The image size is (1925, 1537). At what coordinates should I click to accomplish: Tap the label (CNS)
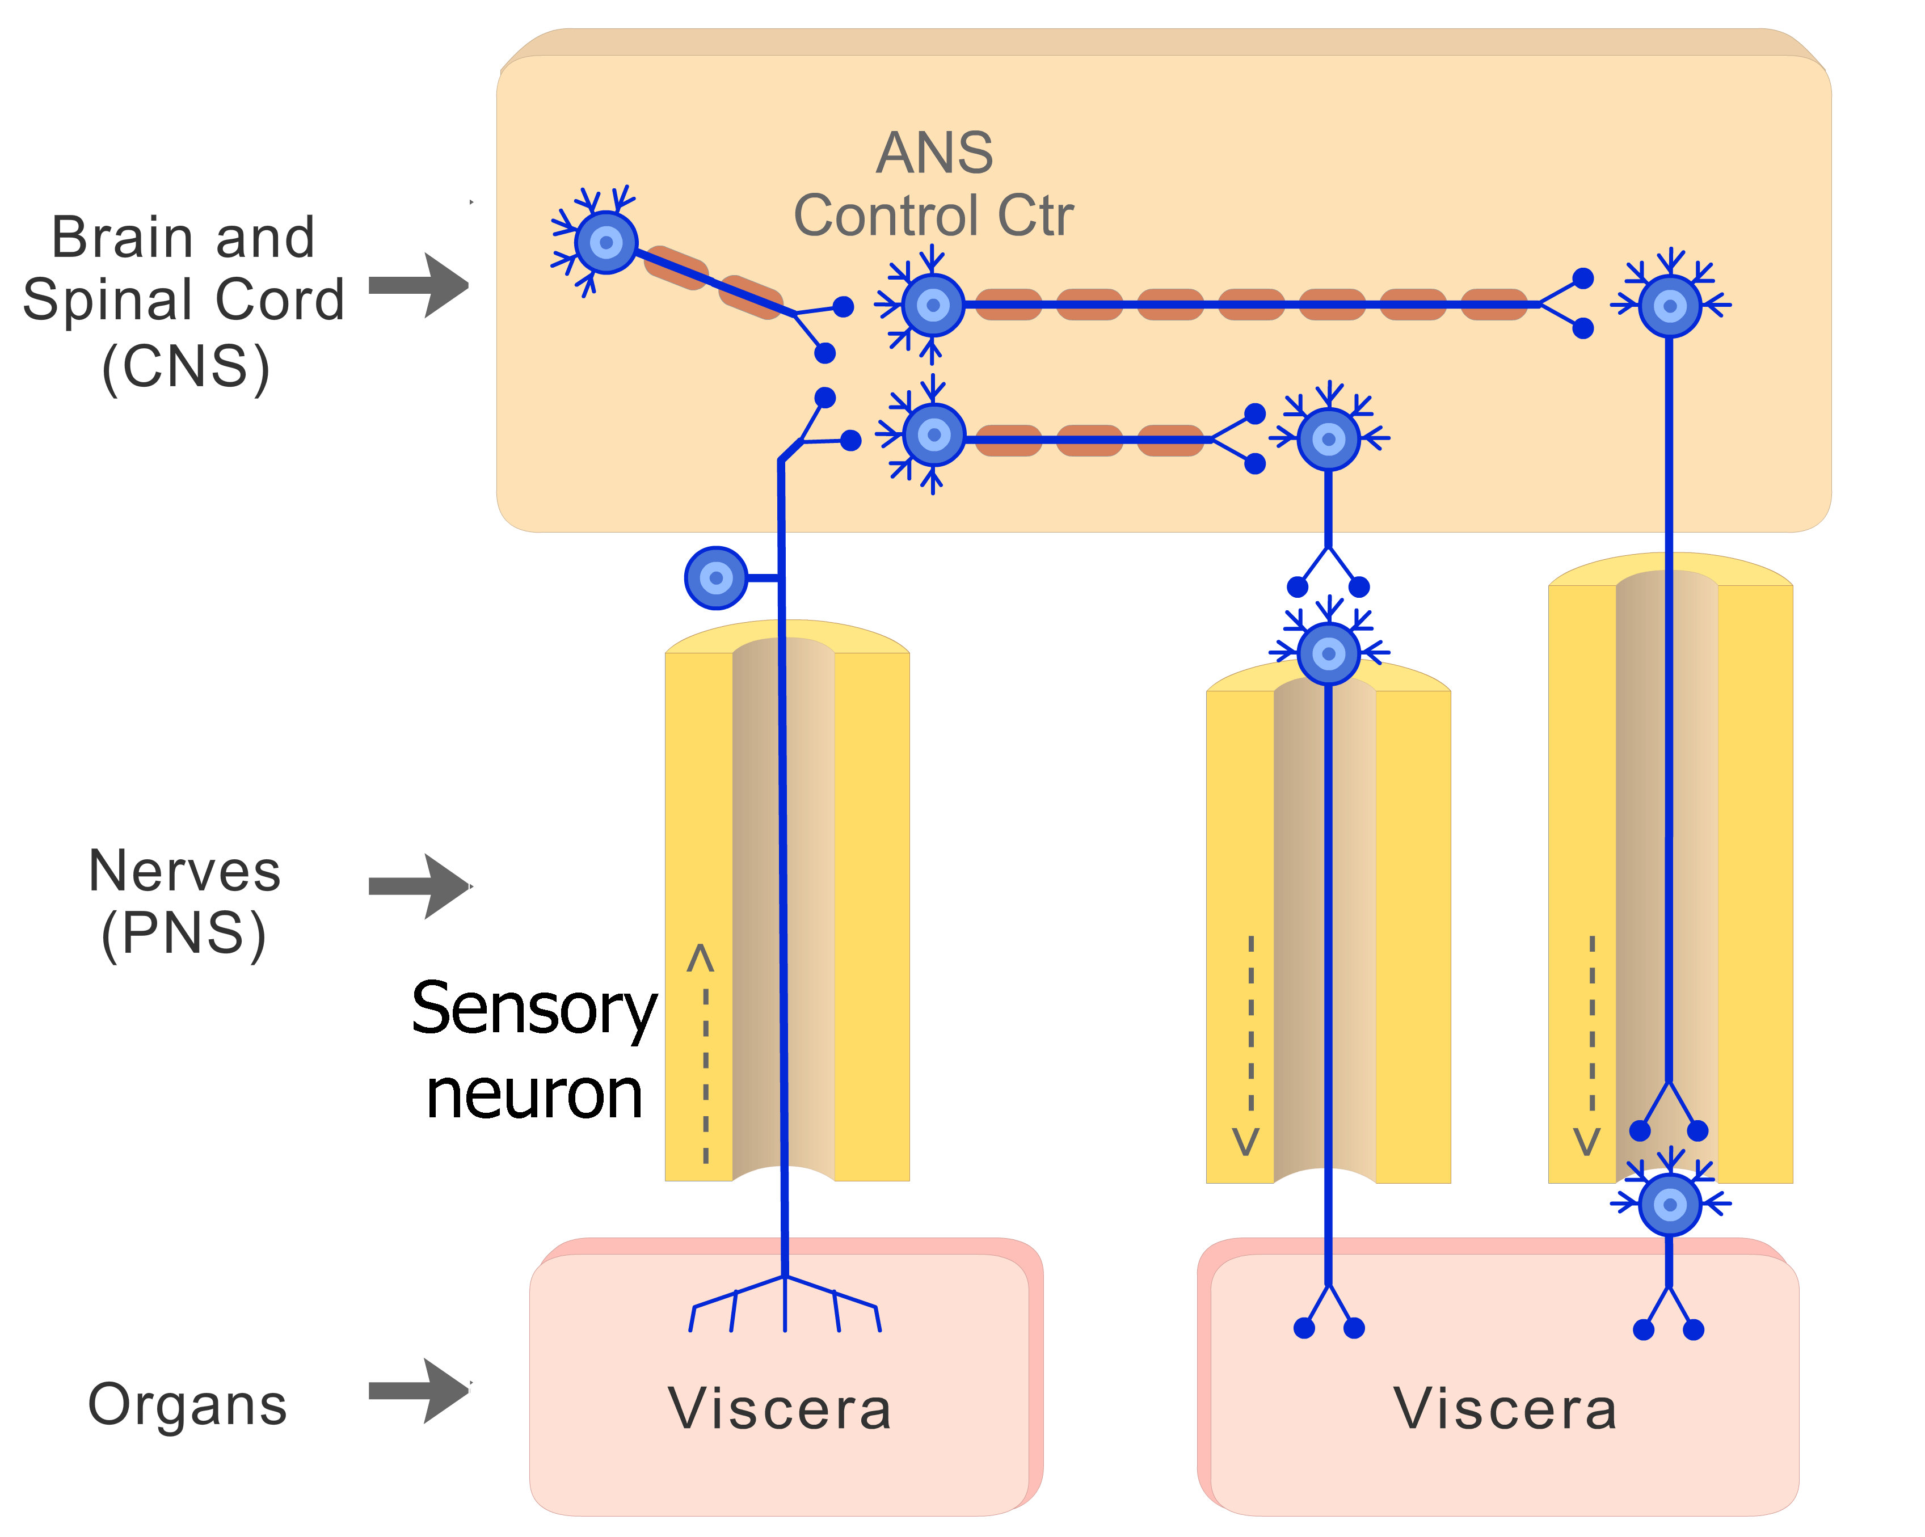(x=185, y=367)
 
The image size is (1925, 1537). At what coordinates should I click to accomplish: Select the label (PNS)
(x=184, y=935)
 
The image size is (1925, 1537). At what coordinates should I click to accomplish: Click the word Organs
(x=187, y=1405)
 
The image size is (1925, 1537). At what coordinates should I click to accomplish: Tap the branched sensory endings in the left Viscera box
(x=785, y=1305)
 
